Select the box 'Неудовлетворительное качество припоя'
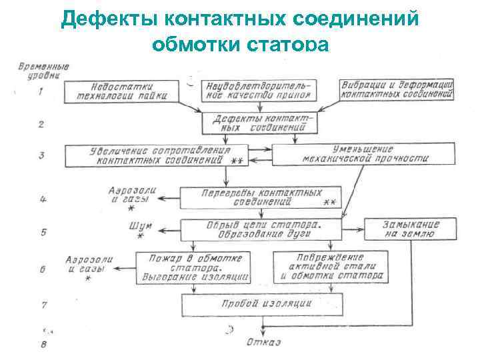(260, 91)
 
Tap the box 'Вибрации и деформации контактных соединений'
(396, 91)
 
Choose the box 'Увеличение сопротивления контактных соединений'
(157, 155)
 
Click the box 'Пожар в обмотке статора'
(192, 266)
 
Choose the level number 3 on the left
(41, 155)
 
